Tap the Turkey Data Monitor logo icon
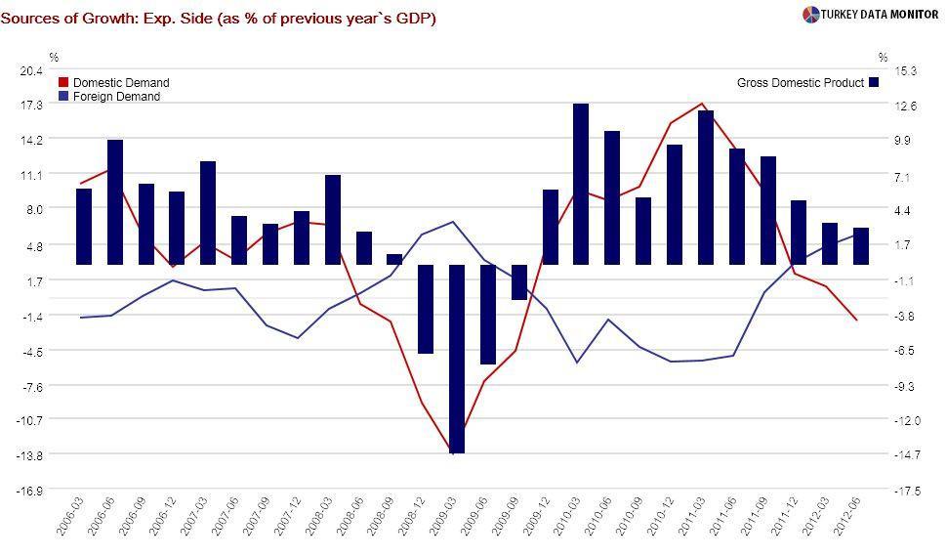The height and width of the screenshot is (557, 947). (x=810, y=15)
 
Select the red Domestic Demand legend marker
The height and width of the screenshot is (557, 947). (x=64, y=83)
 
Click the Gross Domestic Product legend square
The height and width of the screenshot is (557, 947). (x=874, y=83)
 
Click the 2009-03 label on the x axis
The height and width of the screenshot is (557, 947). (x=445, y=522)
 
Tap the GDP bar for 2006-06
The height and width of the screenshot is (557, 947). (x=115, y=201)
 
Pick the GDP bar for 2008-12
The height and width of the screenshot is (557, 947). (x=426, y=309)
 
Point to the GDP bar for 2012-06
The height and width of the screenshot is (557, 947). (x=861, y=245)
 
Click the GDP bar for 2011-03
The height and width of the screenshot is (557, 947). (x=706, y=187)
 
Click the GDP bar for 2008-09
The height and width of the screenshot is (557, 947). (x=394, y=259)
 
